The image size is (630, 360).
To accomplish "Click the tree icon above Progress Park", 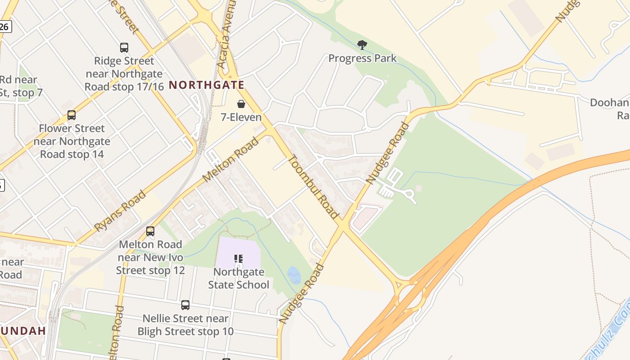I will [362, 45].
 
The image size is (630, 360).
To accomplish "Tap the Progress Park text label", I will [362, 58].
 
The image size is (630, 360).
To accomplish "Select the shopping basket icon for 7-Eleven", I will [241, 104].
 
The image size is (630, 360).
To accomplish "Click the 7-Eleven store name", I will [241, 117].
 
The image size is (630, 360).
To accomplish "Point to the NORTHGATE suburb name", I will [207, 85].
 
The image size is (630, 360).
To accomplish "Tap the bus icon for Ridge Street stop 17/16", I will [124, 47].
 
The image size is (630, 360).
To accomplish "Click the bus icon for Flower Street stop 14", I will [72, 115].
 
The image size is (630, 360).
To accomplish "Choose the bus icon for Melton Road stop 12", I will [150, 231].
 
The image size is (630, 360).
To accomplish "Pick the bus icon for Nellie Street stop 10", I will [185, 305].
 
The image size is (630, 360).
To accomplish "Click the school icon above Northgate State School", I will [238, 258].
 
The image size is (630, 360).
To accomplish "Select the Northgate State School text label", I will [238, 278].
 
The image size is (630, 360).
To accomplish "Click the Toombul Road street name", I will [313, 186].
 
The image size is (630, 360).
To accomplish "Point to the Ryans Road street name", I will [120, 211].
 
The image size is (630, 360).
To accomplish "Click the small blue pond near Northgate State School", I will [294, 275].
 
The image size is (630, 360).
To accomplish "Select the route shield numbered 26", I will [4, 27].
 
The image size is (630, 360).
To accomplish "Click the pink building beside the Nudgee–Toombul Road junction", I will [365, 217].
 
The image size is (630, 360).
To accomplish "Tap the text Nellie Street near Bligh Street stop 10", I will [185, 325].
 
